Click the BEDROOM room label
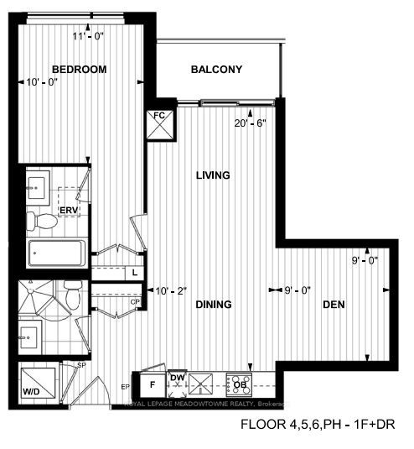(x=79, y=70)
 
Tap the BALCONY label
(x=216, y=70)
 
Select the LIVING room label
(x=213, y=175)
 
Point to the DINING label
(x=214, y=304)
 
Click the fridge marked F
(x=152, y=384)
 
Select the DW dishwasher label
(x=178, y=378)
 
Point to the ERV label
(x=68, y=209)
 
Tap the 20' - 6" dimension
(x=251, y=122)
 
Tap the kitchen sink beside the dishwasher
(x=201, y=384)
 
